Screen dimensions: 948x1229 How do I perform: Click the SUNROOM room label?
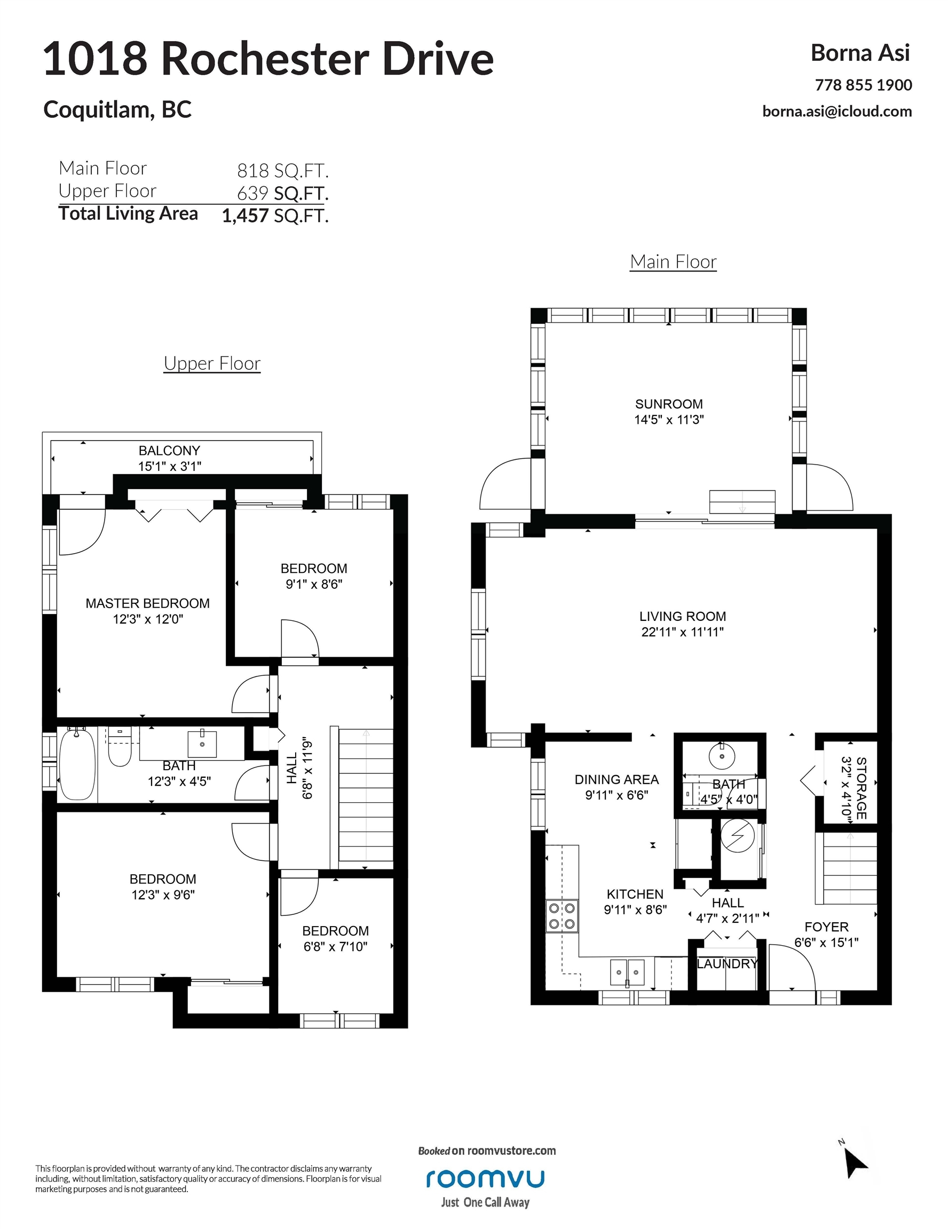[669, 404]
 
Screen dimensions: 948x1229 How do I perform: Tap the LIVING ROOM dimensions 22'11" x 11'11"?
[682, 632]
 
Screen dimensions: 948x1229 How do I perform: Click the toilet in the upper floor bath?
[120, 747]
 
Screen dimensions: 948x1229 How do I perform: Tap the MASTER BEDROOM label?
[147, 603]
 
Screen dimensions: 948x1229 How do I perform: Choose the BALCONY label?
[169, 451]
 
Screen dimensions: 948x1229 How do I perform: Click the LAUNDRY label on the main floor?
[728, 964]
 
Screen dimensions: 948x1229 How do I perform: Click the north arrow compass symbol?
[855, 1162]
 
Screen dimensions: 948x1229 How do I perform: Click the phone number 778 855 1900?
[864, 85]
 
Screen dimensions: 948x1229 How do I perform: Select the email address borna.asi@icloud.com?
[837, 111]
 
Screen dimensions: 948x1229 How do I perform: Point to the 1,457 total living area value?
[246, 216]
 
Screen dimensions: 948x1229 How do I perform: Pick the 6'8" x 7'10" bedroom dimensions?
[336, 946]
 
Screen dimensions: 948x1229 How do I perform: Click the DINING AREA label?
[617, 779]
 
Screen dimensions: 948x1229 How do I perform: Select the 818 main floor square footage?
[253, 170]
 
